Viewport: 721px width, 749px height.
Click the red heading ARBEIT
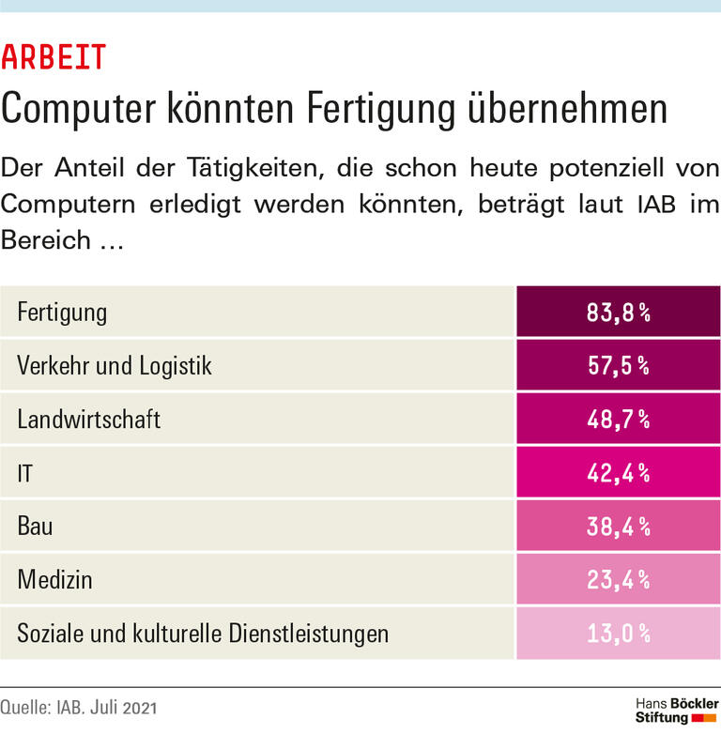[54, 58]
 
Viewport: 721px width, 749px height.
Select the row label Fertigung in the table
[62, 312]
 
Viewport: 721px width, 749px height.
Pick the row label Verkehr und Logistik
[115, 365]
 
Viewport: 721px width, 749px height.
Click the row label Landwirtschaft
[89, 419]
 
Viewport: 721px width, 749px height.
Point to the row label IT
[25, 472]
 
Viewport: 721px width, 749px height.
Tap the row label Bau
[35, 526]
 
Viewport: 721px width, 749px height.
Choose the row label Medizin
[54, 579]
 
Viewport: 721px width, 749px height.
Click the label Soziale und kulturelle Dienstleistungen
[203, 633]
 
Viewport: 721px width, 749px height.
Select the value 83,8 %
[619, 312]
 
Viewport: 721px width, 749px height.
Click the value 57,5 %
[619, 365]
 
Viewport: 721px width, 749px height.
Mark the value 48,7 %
[619, 419]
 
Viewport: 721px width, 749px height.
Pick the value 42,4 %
[619, 472]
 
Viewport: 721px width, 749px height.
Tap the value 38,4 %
[619, 526]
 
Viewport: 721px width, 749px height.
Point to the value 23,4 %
[619, 579]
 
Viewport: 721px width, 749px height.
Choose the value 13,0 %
[619, 633]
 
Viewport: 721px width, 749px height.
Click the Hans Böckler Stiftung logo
[677, 711]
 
